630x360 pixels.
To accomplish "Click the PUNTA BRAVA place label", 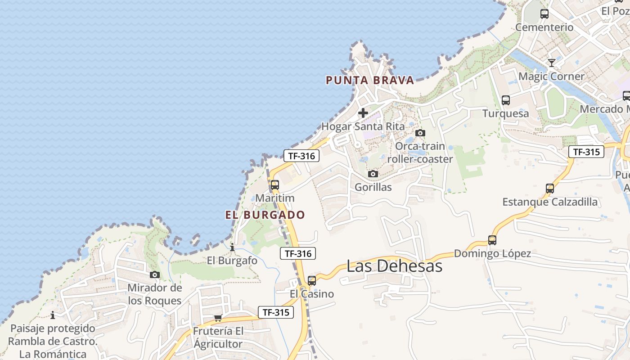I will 369,81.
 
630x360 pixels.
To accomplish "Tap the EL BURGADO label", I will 265,215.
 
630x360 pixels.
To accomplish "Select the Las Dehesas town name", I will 394,266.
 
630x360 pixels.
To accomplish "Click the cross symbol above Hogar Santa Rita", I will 363,113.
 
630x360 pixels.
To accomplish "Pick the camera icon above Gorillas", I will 373,174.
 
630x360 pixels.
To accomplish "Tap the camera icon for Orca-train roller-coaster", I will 420,133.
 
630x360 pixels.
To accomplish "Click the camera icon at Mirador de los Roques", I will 154,275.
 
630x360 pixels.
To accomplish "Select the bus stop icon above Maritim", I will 274,185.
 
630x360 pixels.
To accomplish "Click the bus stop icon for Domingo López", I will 492,240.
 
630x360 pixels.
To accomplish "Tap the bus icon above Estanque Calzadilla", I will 549,189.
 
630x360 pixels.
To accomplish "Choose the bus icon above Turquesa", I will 505,100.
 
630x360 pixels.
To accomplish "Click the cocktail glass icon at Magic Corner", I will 551,63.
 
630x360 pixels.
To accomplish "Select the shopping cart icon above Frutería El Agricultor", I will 218,318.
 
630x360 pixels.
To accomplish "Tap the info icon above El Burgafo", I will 232,247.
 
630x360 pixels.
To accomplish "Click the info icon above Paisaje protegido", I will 53,315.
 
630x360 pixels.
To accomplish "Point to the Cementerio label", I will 544,27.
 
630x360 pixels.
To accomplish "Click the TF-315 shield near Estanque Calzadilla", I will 586,152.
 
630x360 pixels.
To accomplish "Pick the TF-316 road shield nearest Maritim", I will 301,156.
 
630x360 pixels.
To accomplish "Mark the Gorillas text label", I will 373,187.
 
